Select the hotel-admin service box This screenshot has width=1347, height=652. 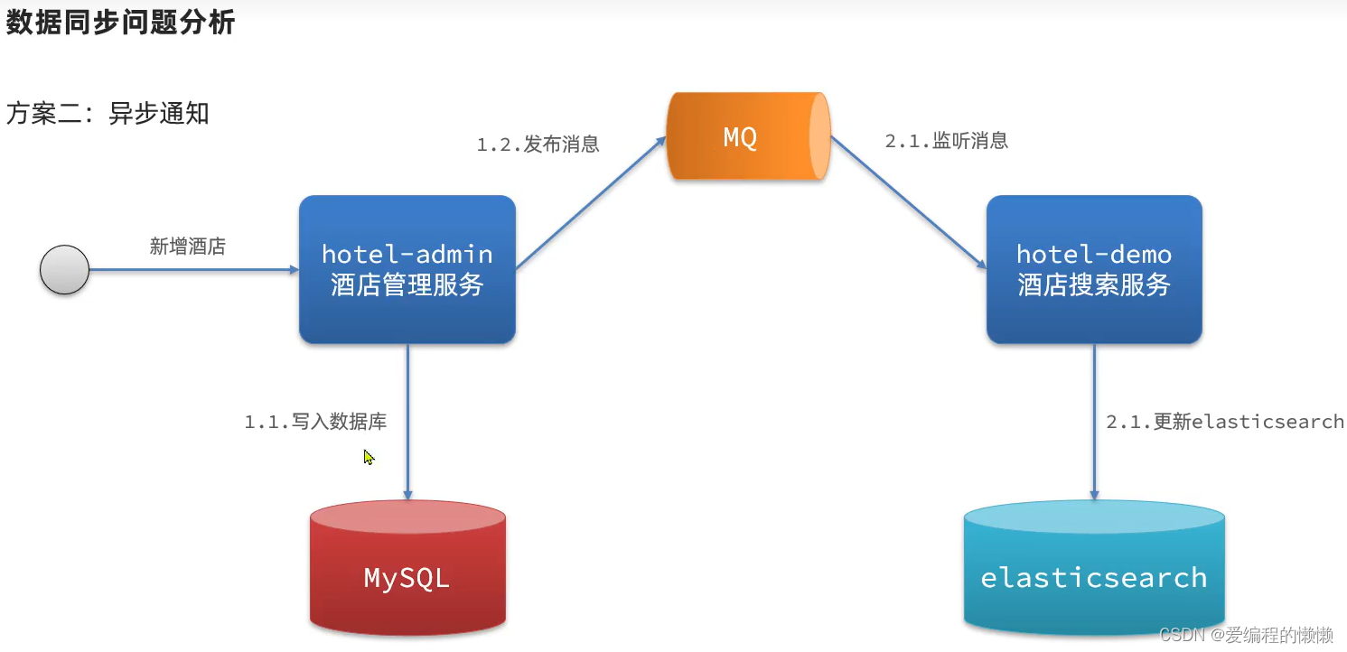pyautogui.click(x=407, y=269)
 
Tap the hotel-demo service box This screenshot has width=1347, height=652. pyautogui.click(x=1093, y=269)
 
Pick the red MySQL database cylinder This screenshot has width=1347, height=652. pyautogui.click(x=407, y=567)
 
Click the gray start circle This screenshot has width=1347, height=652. pyautogui.click(x=65, y=269)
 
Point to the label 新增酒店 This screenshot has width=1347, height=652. pyautogui.click(x=188, y=247)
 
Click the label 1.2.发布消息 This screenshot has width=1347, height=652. pyautogui.click(x=538, y=144)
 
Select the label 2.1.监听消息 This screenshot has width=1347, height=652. pyautogui.click(x=946, y=141)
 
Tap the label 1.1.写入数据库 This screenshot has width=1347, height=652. pyautogui.click(x=315, y=422)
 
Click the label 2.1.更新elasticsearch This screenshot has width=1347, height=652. pyautogui.click(x=1224, y=422)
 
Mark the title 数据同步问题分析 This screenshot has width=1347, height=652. pyautogui.click(x=121, y=23)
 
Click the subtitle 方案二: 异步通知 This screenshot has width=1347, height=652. pyautogui.click(x=108, y=114)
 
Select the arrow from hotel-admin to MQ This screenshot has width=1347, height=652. pyautogui.click(x=590, y=203)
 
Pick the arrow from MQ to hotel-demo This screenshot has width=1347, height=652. pyautogui.click(x=908, y=203)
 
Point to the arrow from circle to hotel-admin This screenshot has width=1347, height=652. pyautogui.click(x=194, y=269)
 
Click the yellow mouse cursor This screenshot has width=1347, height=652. pyautogui.click(x=369, y=457)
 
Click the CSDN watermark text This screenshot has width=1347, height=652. pyautogui.click(x=1246, y=635)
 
